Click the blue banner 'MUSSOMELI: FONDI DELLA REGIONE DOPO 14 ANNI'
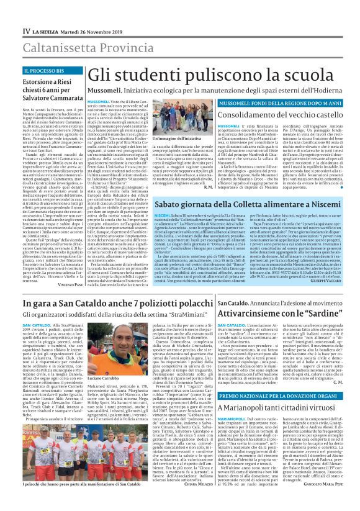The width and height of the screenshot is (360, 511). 275,101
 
